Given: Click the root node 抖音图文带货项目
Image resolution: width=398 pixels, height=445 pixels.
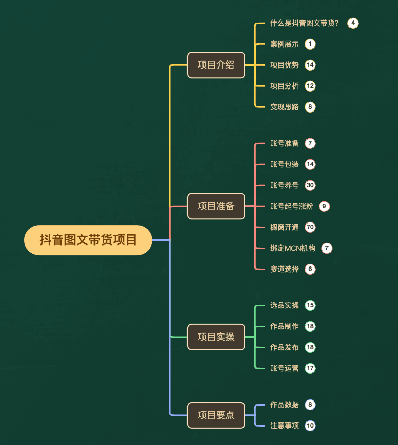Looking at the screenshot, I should [88, 240].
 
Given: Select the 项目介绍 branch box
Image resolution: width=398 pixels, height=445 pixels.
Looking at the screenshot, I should [216, 65].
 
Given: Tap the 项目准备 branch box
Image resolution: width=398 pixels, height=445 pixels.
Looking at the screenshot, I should [216, 206].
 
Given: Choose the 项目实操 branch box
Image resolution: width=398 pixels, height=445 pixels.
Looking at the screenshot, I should [216, 337].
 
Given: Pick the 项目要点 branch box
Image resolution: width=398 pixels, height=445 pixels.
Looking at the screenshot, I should [216, 415].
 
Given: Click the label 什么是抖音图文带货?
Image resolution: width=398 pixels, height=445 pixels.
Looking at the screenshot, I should [305, 23].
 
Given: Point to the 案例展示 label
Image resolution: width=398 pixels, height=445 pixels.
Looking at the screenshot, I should [285, 44].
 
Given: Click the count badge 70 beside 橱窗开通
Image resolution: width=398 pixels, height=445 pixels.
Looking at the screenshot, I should [310, 227].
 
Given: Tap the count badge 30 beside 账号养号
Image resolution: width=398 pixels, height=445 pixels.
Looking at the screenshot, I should [310, 185].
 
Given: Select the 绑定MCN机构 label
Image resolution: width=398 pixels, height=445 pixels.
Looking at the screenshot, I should [293, 248].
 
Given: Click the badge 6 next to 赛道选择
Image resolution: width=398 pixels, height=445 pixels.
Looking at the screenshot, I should [310, 269].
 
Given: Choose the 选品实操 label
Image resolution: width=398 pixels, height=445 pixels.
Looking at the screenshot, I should [285, 305].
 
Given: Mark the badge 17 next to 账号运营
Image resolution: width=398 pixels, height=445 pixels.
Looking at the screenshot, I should [310, 368].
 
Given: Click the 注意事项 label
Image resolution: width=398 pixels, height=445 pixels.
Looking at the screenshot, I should [285, 426].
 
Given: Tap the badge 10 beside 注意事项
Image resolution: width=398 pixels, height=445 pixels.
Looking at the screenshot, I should [310, 426].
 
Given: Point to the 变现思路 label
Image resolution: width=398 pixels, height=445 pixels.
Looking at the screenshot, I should [285, 107].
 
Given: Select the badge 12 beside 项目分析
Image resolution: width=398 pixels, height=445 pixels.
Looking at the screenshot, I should [310, 86].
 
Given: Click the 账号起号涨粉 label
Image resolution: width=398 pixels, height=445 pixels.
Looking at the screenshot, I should [292, 206].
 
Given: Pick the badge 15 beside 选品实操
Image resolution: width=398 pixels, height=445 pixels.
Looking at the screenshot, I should [310, 305].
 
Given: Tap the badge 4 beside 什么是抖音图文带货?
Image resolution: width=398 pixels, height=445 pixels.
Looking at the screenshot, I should [353, 23].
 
